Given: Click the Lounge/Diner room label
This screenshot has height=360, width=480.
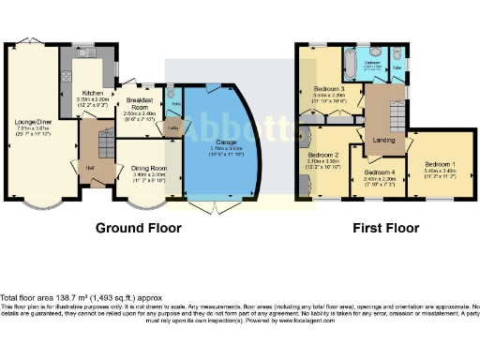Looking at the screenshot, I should point(31,122).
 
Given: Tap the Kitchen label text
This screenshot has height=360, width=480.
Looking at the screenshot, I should point(91,94).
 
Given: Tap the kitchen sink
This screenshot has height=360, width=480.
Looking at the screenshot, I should point(67,70).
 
